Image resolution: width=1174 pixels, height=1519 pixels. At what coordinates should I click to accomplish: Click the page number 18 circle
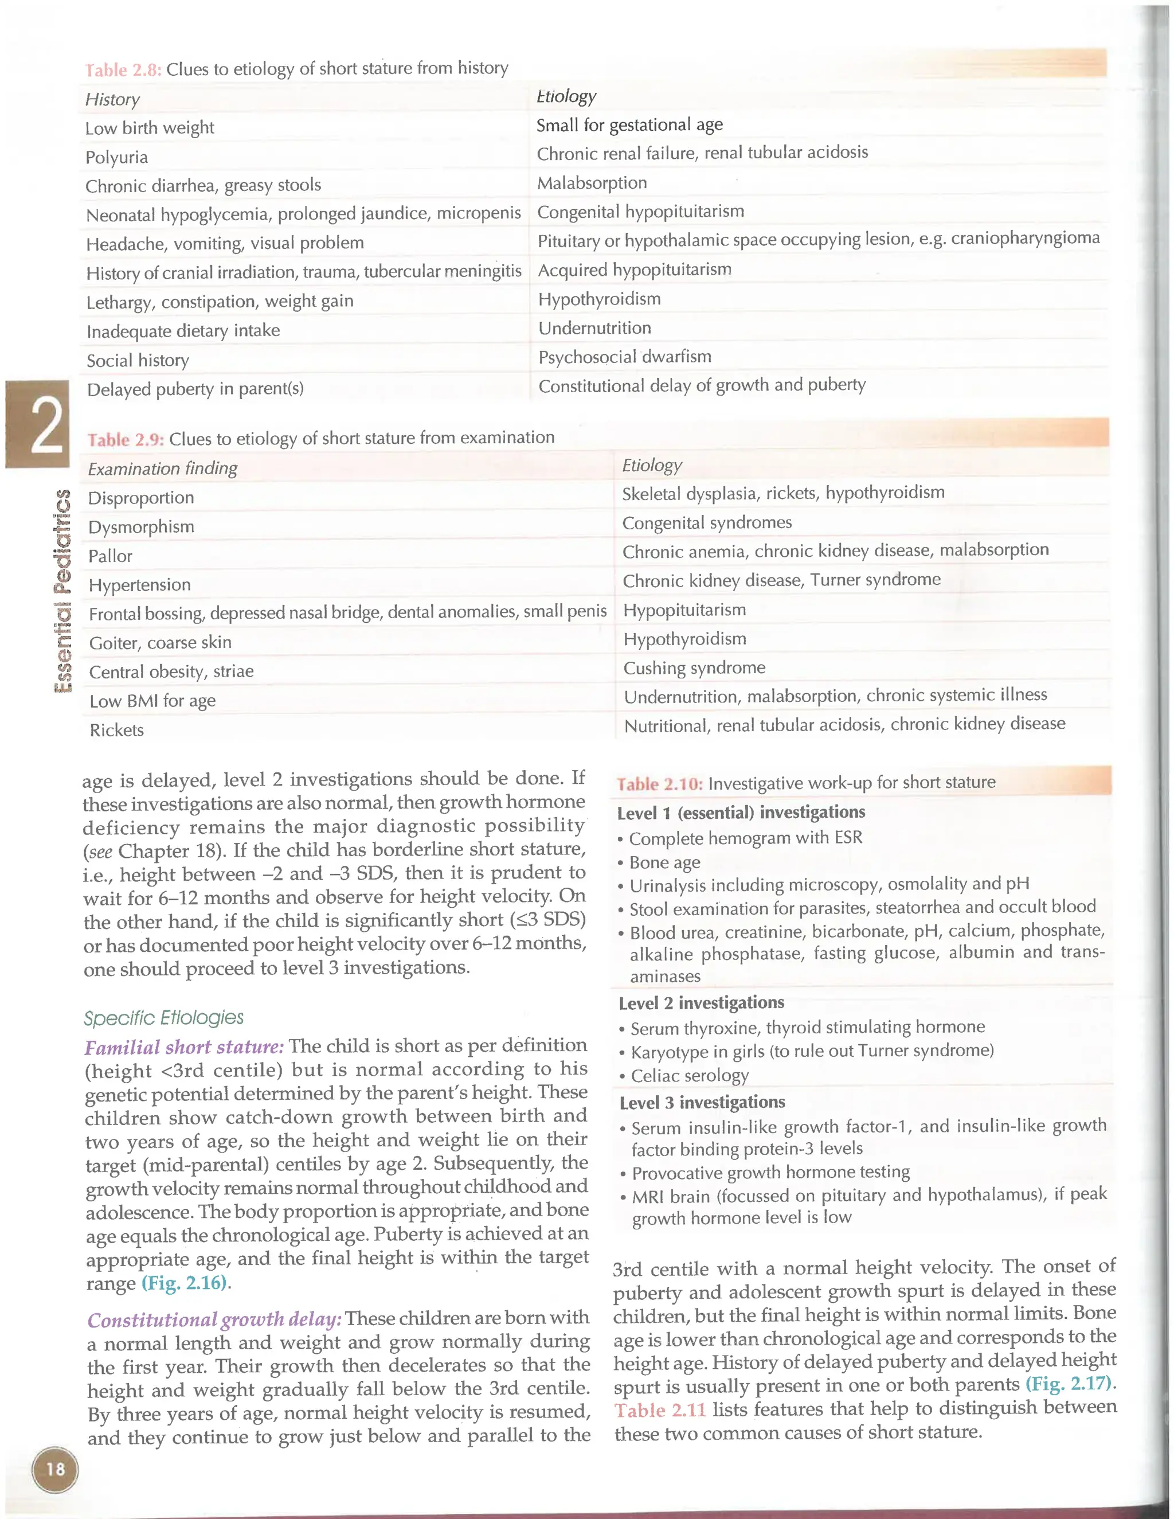55,1469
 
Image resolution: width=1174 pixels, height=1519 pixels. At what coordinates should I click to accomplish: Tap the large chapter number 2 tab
38,424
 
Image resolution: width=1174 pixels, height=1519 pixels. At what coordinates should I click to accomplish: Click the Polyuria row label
116,157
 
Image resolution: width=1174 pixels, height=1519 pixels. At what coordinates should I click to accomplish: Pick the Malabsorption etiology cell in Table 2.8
592,183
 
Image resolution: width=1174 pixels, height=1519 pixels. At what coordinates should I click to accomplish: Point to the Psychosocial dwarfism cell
625,357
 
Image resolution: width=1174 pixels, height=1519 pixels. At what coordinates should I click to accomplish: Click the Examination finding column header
163,469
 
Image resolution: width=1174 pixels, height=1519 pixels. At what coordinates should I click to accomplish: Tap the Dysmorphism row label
141,527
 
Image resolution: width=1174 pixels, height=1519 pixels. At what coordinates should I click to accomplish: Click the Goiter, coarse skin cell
160,643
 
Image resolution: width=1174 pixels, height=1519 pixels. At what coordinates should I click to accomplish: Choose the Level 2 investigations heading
701,1002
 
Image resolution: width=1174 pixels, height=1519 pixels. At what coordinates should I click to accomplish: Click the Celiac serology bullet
689,1076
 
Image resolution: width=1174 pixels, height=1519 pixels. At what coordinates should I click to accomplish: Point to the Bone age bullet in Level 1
664,862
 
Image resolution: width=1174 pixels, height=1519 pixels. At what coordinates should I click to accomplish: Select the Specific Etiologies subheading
163,1017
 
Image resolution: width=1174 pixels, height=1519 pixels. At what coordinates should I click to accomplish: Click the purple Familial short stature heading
185,1046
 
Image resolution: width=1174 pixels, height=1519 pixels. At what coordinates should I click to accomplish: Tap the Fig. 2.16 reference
185,1283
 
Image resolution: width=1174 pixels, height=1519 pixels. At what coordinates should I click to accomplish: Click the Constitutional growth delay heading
214,1319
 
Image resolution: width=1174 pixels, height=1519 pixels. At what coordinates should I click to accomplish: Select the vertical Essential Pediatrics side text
63,591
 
